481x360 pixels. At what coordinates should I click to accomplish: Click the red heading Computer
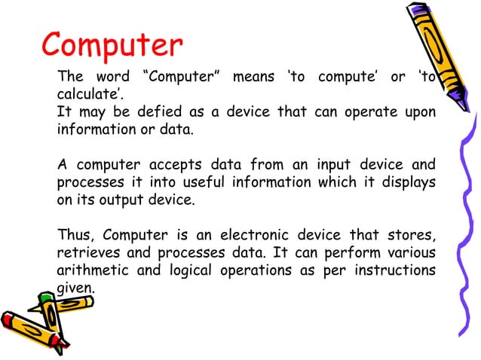click(x=112, y=46)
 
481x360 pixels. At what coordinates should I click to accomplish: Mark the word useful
click(x=207, y=182)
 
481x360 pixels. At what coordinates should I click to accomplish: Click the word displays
click(x=406, y=182)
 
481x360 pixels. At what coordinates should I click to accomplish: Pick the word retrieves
click(x=86, y=252)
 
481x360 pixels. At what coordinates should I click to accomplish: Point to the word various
click(x=412, y=252)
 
